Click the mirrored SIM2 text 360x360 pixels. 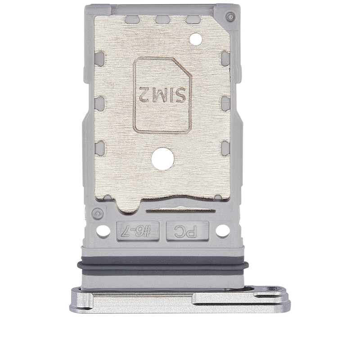[162, 94]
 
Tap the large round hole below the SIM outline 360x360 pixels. [162, 159]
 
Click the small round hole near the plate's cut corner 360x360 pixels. [195, 38]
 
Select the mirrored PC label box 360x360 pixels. [187, 231]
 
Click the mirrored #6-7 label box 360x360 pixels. [138, 231]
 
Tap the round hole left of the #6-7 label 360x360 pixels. [103, 231]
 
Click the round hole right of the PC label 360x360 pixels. [222, 231]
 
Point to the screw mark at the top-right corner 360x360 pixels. [230, 17]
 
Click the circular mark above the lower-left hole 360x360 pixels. [98, 213]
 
